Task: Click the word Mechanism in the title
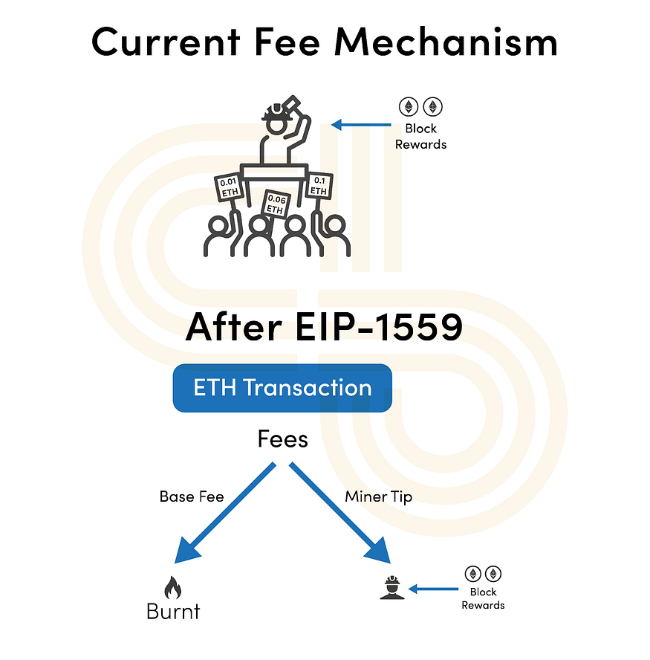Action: pos(446,42)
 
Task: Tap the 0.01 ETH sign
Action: pos(230,187)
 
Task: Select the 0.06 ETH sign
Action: pos(276,204)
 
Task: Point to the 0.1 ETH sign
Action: pos(319,186)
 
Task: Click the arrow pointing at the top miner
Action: pos(361,125)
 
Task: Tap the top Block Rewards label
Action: pos(420,136)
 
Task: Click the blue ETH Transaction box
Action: pos(282,388)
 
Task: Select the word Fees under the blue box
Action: pos(283,439)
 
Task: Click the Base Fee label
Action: pos(192,496)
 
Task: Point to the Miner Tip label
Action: pos(379,497)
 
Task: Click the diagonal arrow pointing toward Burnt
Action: pos(224,513)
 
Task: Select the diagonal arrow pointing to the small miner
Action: pos(340,513)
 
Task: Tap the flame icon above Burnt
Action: pos(172,588)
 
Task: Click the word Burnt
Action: pos(173,611)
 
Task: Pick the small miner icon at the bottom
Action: pos(392,588)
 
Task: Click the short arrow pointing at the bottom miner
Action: pos(433,589)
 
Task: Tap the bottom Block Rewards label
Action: pos(483,598)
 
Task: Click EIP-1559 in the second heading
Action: pos(379,327)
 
